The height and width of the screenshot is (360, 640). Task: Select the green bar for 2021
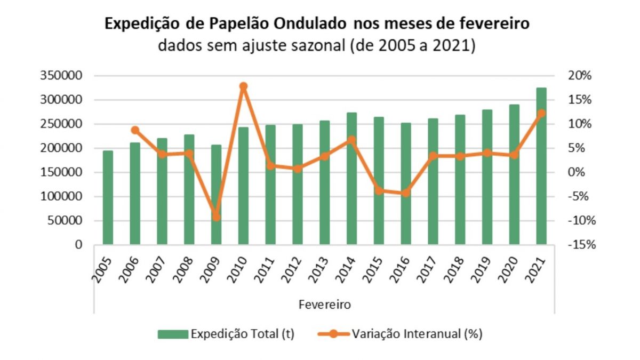(x=541, y=166)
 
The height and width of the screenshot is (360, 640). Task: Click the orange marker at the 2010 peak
(x=243, y=86)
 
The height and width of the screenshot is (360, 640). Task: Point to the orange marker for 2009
(x=216, y=217)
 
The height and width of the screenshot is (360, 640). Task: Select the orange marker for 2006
(x=135, y=130)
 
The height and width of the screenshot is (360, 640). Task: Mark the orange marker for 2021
(x=541, y=113)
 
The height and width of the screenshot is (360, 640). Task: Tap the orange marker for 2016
(x=406, y=193)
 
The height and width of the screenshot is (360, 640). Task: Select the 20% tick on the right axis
(x=579, y=76)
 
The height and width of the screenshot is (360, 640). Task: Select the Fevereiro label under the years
(x=324, y=305)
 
